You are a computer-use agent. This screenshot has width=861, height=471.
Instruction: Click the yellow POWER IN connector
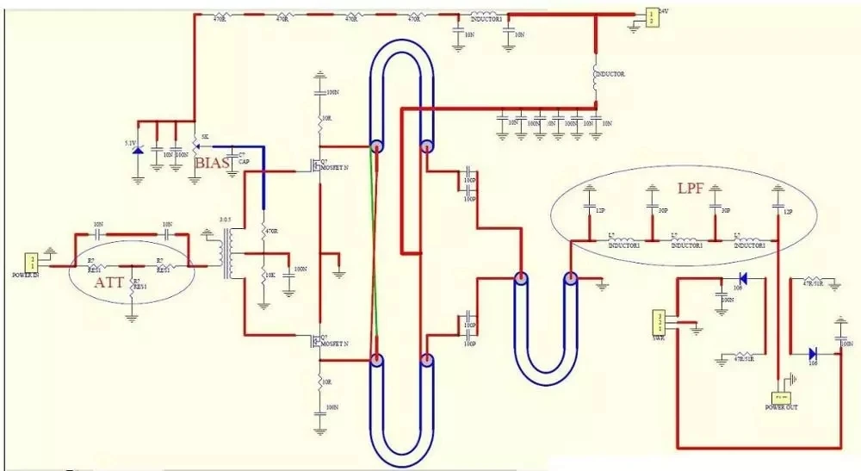[x=33, y=261]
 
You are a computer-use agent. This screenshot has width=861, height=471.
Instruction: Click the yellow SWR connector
[x=660, y=322]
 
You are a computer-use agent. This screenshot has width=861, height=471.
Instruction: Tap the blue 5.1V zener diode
[x=138, y=153]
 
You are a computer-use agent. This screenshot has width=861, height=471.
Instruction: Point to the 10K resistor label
[x=273, y=275]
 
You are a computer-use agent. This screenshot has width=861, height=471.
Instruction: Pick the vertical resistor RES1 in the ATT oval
[x=132, y=288]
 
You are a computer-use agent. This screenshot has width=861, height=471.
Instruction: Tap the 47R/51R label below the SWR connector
[x=742, y=358]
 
